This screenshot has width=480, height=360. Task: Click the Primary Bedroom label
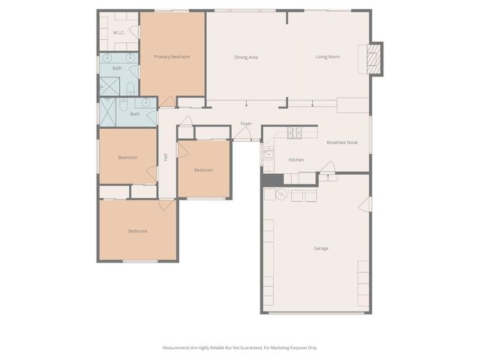[172, 57]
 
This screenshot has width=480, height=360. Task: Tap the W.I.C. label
[118, 33]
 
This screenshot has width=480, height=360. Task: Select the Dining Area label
[246, 57]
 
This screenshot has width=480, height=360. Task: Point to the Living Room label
[328, 57]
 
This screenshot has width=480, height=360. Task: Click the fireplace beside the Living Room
[373, 58]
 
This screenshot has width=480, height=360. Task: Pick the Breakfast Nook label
[341, 142]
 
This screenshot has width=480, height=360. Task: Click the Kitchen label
[296, 160]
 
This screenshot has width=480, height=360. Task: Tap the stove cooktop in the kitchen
[294, 133]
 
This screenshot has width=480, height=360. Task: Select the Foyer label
[246, 123]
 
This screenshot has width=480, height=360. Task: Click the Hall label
[165, 157]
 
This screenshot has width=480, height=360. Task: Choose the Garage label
[321, 248]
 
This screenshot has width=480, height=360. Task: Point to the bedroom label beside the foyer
[203, 170]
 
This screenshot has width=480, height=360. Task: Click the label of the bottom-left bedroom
[137, 231]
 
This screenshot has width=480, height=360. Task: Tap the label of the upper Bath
[117, 68]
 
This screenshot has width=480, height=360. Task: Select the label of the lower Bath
[135, 114]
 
